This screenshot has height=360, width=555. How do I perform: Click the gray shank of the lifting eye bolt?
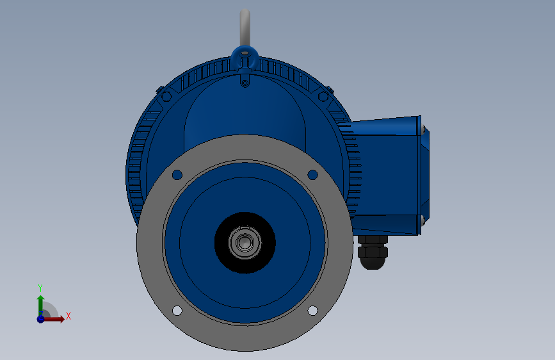(x=245, y=28)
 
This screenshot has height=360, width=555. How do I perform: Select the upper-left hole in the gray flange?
(x=177, y=175)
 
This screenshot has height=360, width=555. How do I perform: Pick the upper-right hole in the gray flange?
(x=312, y=175)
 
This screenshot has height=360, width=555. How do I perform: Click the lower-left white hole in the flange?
(x=177, y=311)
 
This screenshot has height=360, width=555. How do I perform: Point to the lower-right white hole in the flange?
(x=312, y=311)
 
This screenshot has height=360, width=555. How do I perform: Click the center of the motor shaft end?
(x=245, y=243)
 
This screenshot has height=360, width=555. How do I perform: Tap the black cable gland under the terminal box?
(x=373, y=252)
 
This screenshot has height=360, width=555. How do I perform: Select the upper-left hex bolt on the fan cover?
(x=166, y=96)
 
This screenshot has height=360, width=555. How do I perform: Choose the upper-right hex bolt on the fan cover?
(x=323, y=96)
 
